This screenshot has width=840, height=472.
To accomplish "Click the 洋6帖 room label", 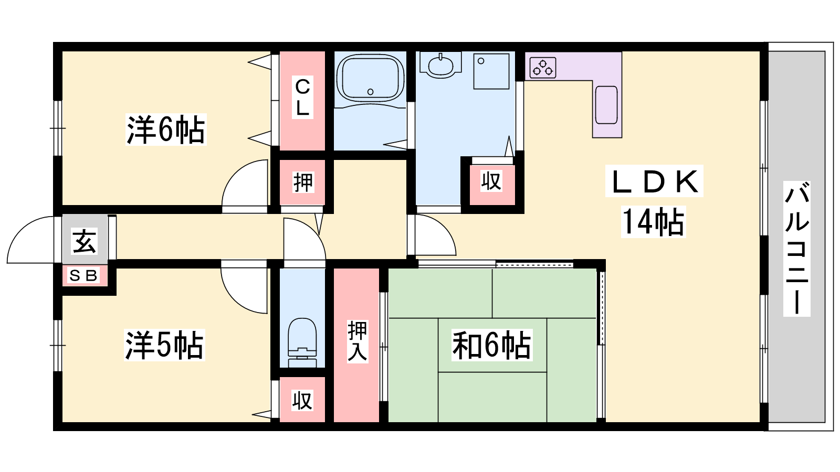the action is click(x=166, y=130).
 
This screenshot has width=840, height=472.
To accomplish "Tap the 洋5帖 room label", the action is click(x=164, y=345).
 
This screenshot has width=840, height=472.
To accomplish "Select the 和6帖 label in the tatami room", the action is click(x=491, y=345).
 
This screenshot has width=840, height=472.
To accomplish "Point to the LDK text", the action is click(x=654, y=181).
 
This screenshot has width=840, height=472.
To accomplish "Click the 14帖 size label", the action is click(x=653, y=222).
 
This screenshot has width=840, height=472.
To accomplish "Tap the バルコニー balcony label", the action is click(x=796, y=249).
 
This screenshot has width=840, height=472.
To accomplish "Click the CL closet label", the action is click(x=302, y=98).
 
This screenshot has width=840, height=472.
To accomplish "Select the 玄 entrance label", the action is click(x=85, y=241).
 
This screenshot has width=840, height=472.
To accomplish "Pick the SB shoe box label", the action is click(x=83, y=276).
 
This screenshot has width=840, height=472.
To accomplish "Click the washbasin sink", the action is click(x=440, y=66).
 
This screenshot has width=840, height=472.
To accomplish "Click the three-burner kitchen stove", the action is click(x=543, y=68).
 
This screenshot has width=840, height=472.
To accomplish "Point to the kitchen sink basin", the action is click(x=606, y=105).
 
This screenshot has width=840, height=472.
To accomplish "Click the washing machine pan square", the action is click(x=491, y=71).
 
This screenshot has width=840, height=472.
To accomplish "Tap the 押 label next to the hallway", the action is click(x=302, y=183).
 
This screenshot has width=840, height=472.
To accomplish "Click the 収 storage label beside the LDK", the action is click(x=491, y=181).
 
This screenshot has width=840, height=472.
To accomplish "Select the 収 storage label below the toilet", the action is click(x=302, y=400).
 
